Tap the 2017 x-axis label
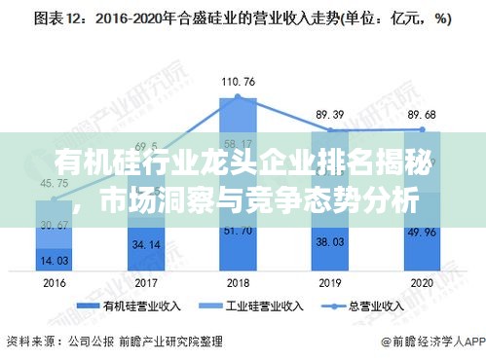tap(145, 281)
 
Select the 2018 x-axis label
tap(238, 281)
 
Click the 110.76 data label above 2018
tap(238, 80)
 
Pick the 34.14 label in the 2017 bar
tap(145, 243)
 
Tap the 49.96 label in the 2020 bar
tap(423, 232)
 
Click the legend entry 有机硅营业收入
tap(132, 305)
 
